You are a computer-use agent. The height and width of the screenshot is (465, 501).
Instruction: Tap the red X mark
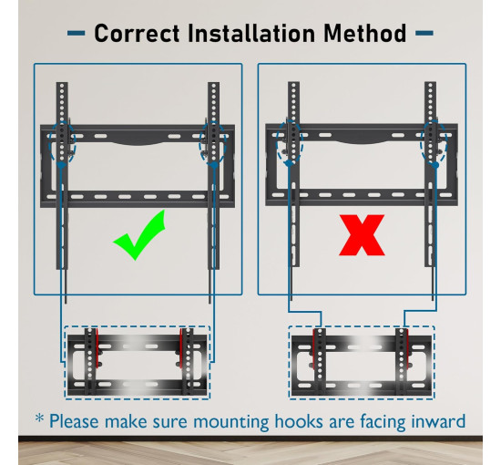pyautogui.click(x=362, y=235)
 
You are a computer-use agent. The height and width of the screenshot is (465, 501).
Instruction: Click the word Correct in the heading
pyautogui.click(x=137, y=33)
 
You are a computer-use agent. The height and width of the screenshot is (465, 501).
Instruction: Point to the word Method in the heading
pyautogui.click(x=364, y=33)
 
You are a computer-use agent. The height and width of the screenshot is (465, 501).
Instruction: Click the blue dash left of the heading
pyautogui.click(x=76, y=33)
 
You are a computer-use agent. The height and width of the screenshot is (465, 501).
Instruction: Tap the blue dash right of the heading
pyautogui.click(x=424, y=33)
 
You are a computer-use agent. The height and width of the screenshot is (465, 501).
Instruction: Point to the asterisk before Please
pyautogui.click(x=39, y=418)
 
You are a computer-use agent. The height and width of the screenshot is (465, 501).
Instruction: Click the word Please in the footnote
pyautogui.click(x=74, y=421)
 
